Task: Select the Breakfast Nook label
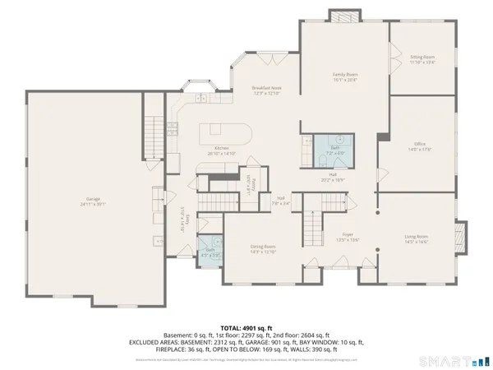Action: (x=266, y=90)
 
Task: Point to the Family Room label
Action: (x=344, y=77)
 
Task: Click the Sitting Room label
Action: (x=422, y=60)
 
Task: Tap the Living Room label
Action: (x=417, y=239)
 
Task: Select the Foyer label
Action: (x=325, y=238)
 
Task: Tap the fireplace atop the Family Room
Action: (x=343, y=16)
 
